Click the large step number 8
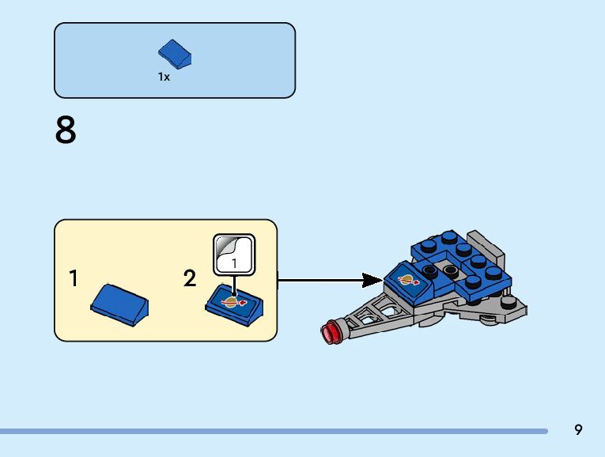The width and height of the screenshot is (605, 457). pos(66,130)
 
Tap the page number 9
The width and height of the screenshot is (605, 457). pos(577,429)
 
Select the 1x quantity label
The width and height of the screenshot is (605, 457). pos(164,77)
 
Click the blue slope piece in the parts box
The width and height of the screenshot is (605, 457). pos(175,55)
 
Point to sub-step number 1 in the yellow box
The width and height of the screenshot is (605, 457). pos(74,278)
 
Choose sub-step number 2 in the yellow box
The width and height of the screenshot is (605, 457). pos(190,278)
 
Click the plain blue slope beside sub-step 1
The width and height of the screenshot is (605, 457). pos(119,305)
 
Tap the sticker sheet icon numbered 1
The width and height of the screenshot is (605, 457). pos(234,255)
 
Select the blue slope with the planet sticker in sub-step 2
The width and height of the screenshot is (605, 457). pos(234,305)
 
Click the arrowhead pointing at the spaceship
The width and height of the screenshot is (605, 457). pos(372,281)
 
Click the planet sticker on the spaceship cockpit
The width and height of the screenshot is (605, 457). pos(409,280)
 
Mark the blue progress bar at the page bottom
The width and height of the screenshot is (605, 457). pos(274,431)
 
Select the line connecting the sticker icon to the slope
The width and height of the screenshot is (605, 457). pos(234,285)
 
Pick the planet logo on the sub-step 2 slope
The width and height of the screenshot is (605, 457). pos(233,302)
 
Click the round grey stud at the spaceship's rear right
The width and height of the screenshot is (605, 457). pos(510,302)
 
